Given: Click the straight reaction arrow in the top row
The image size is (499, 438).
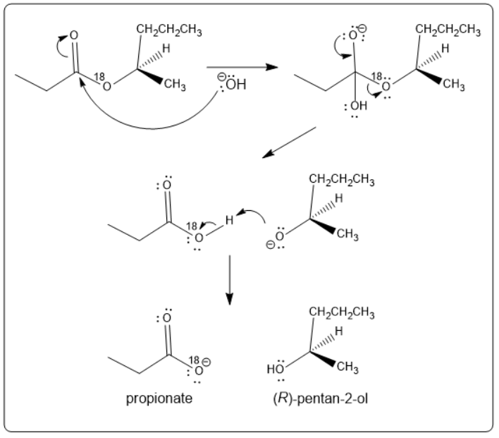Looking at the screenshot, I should [x=242, y=68].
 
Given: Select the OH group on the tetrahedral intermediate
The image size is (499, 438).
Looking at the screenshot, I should [x=358, y=106].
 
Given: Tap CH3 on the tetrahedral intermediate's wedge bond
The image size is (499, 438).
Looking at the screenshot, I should [x=453, y=86].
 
